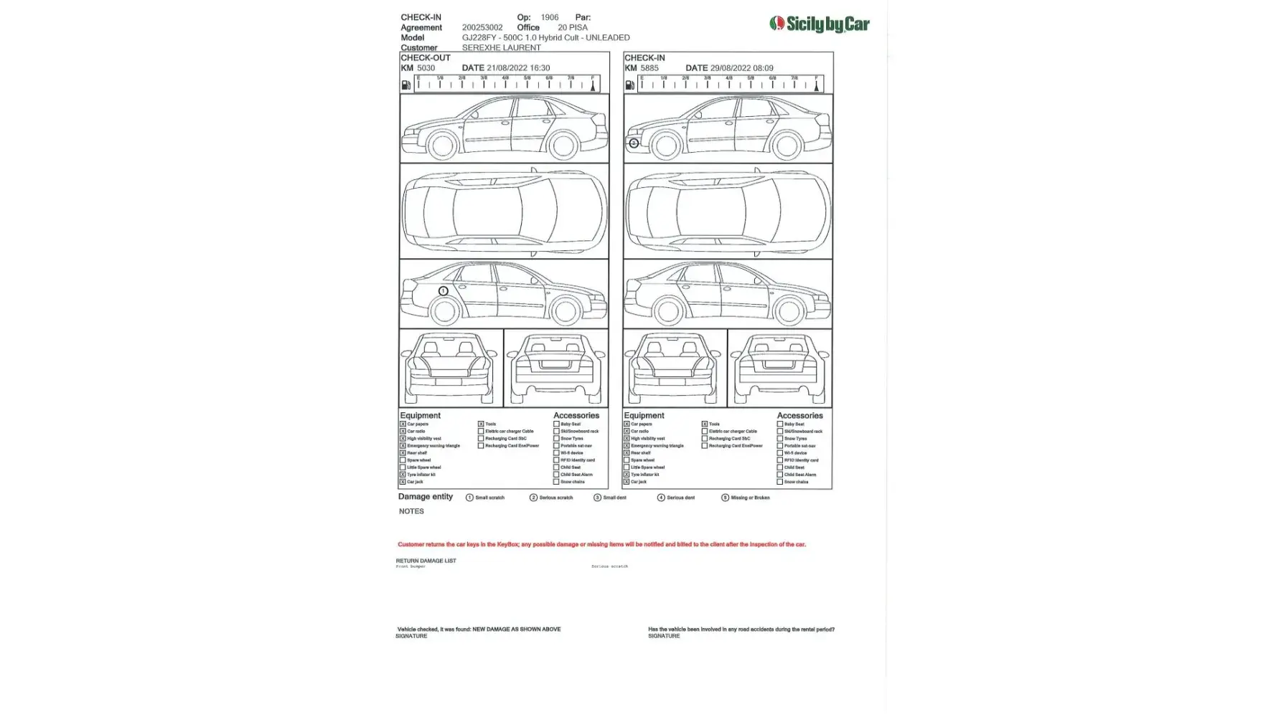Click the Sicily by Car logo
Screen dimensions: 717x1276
819,24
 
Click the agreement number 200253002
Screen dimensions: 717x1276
482,27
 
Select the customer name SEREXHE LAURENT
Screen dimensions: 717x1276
501,47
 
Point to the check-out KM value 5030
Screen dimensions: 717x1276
426,68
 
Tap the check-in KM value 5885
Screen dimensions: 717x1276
649,68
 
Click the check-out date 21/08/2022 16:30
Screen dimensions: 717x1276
517,68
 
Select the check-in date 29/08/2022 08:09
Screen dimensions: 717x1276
741,68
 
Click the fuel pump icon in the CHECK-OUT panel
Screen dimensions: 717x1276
406,85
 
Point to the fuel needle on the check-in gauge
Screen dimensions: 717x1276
816,85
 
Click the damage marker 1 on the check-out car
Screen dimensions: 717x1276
444,291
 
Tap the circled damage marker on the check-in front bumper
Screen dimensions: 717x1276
634,143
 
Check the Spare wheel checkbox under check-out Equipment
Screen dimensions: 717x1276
403,460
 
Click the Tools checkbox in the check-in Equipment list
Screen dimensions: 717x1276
705,424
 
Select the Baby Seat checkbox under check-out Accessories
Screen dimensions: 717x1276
556,424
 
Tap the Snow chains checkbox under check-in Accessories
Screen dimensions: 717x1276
780,482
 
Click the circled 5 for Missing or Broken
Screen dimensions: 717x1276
725,498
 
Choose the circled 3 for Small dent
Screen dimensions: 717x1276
597,498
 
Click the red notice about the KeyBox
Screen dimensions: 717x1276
601,544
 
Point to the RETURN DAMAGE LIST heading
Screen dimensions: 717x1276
426,561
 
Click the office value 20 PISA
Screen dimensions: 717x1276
573,27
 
